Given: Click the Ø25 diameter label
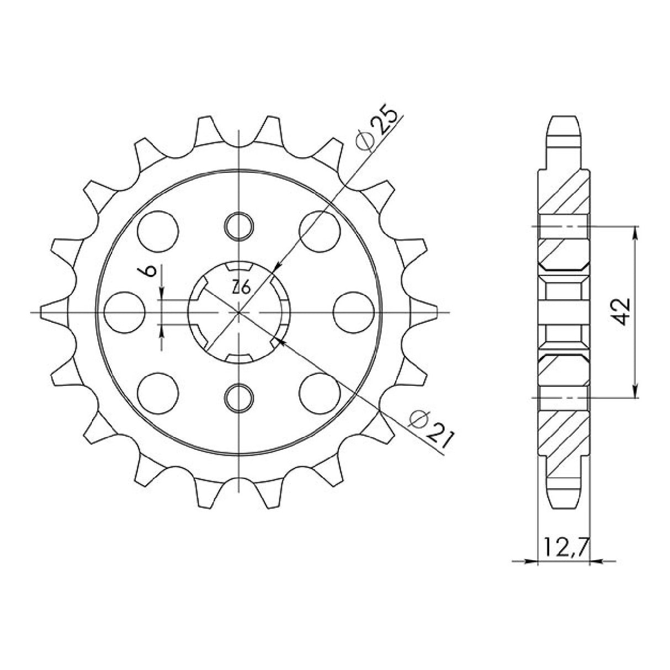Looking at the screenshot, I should click(x=377, y=130).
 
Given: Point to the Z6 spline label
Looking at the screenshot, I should click(x=240, y=288).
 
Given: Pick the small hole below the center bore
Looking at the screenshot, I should click(x=240, y=397).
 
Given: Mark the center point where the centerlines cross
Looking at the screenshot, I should click(x=239, y=313).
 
